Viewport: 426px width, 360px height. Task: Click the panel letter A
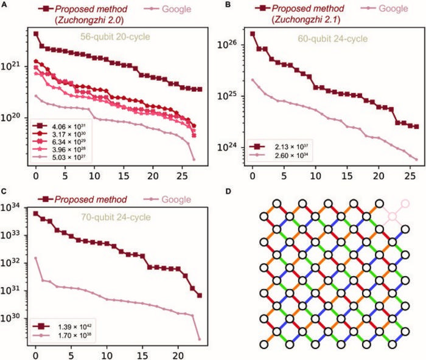[x=4, y=5]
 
